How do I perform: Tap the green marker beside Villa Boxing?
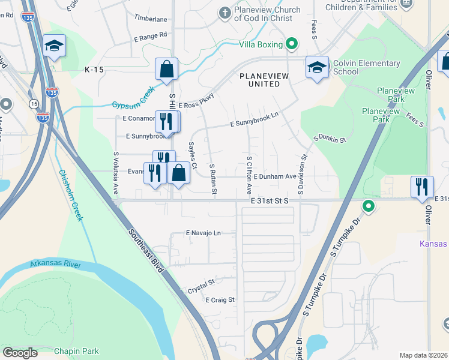point(292,43)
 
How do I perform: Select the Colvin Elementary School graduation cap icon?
point(317,68)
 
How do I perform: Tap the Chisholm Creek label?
point(70,196)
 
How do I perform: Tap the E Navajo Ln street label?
point(203,233)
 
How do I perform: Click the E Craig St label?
point(220,299)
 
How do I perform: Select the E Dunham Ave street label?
point(275,177)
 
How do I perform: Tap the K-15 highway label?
point(94,70)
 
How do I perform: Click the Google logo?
point(20,353)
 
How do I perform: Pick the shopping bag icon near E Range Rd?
point(167,68)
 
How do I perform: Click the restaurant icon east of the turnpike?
point(421,187)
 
